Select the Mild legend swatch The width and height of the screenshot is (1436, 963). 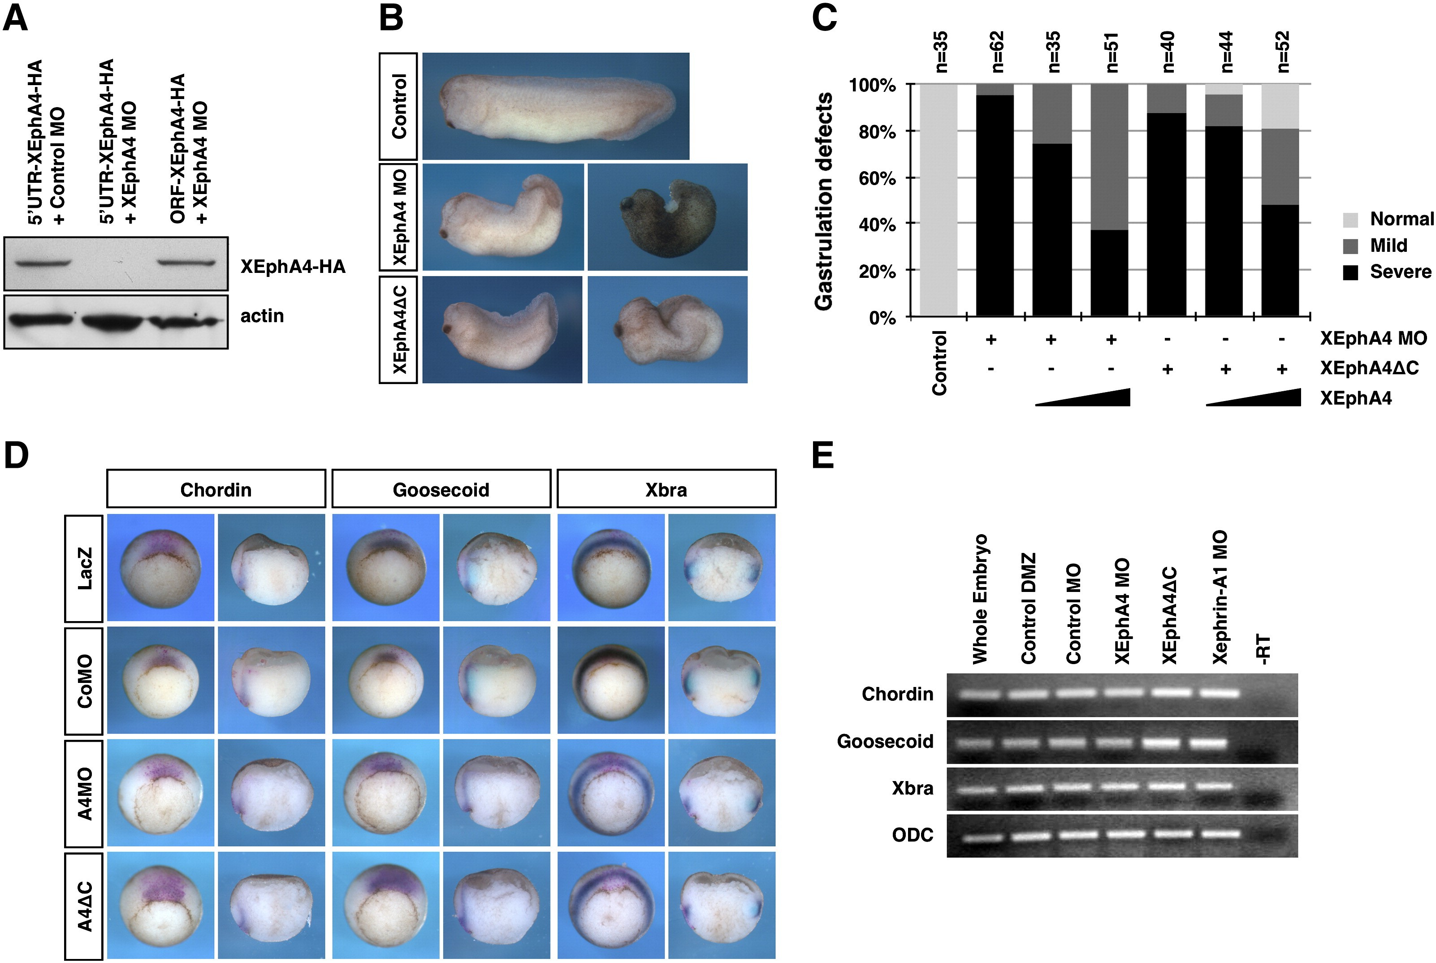click(1351, 246)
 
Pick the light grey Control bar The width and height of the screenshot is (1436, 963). click(938, 199)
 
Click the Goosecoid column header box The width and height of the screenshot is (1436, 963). click(441, 489)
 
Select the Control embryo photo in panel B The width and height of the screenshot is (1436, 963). click(556, 106)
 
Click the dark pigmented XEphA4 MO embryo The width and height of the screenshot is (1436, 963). click(668, 217)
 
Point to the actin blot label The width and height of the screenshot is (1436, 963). click(262, 316)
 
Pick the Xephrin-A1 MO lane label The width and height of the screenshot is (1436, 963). click(1220, 597)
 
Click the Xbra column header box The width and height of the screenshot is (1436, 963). click(666, 489)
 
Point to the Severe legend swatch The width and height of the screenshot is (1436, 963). click(1351, 272)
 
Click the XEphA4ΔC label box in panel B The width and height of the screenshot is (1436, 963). click(398, 330)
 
